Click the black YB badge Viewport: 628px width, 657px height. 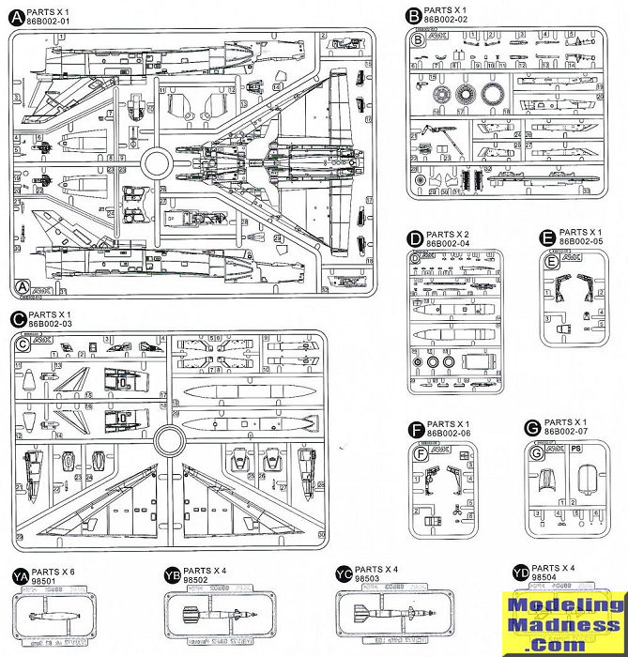(171, 574)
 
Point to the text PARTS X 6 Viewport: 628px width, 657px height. (56, 571)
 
